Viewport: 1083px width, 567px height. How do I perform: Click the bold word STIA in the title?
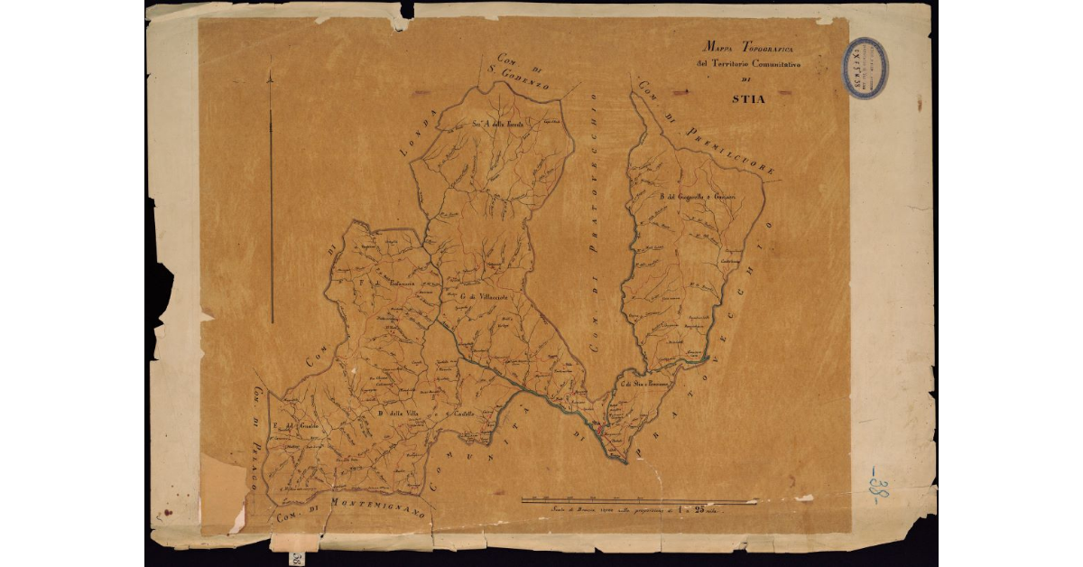coord(747,98)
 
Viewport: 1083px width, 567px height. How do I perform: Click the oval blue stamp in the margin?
coord(865,68)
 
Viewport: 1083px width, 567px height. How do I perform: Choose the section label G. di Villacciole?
coord(486,296)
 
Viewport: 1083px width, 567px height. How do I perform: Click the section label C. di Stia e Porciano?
coord(643,386)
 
